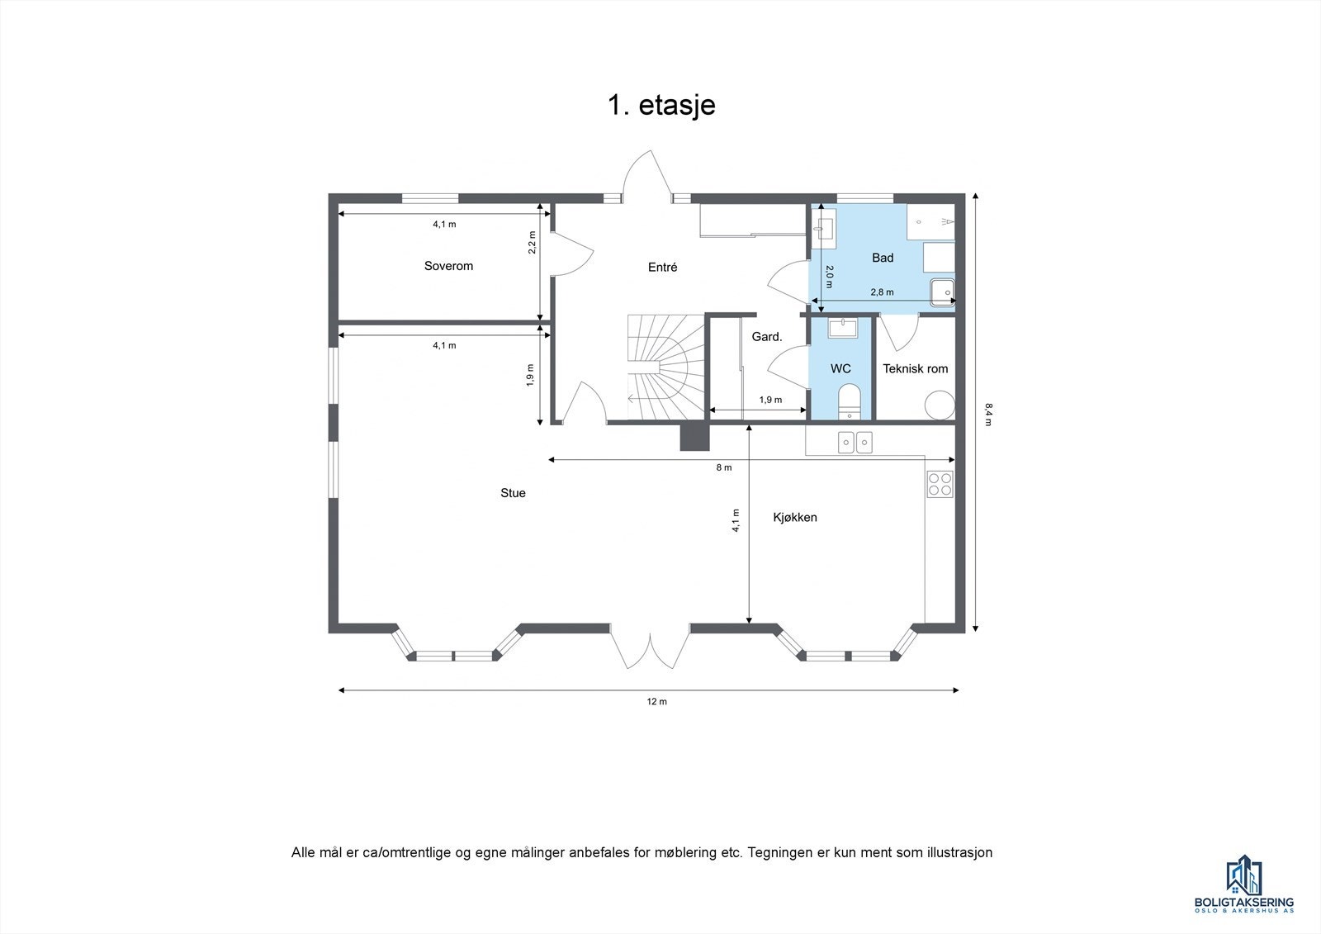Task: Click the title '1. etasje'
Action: pyautogui.click(x=661, y=106)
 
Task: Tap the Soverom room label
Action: pyautogui.click(x=448, y=266)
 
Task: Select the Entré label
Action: pyautogui.click(x=662, y=267)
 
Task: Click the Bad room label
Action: pyautogui.click(x=883, y=258)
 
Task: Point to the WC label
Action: pyautogui.click(x=840, y=368)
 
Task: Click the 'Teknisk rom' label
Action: pyautogui.click(x=915, y=368)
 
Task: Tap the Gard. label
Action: pyautogui.click(x=766, y=337)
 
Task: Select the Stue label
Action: pyautogui.click(x=513, y=493)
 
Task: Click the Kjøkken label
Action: pyautogui.click(x=794, y=517)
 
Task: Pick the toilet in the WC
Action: pyautogui.click(x=849, y=402)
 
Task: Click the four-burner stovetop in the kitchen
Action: pyautogui.click(x=940, y=483)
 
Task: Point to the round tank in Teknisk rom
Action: pyautogui.click(x=939, y=405)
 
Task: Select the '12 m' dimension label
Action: pyautogui.click(x=656, y=702)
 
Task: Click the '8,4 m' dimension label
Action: pyautogui.click(x=987, y=414)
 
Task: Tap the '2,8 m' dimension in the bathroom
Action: pyautogui.click(x=882, y=292)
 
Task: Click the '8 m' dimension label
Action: pyautogui.click(x=723, y=467)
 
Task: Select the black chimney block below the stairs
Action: pyautogui.click(x=694, y=437)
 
